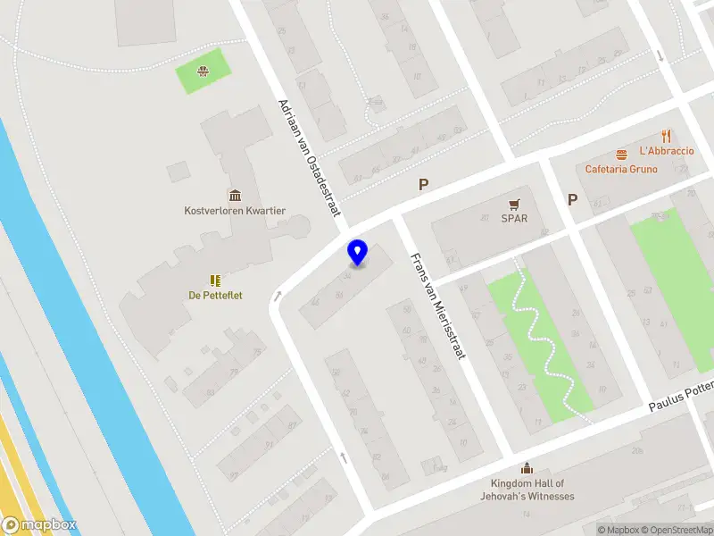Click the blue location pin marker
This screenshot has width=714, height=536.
(358, 252)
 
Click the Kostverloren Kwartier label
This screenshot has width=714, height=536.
(235, 211)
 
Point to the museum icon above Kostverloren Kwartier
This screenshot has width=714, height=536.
(235, 196)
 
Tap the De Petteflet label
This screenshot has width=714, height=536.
(215, 295)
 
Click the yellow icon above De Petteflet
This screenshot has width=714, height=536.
(215, 281)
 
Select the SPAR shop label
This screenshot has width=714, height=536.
(514, 218)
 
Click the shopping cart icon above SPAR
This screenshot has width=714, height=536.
(514, 204)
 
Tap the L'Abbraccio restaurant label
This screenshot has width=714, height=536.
(666, 151)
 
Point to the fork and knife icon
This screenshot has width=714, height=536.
(666, 136)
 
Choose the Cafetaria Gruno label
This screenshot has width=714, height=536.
(621, 169)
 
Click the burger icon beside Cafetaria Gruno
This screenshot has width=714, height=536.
(621, 153)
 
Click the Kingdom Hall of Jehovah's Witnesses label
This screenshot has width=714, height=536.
(526, 490)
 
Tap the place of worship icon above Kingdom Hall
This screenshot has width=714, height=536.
(526, 468)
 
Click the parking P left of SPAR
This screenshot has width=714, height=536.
(424, 185)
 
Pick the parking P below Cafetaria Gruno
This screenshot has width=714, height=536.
(573, 199)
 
